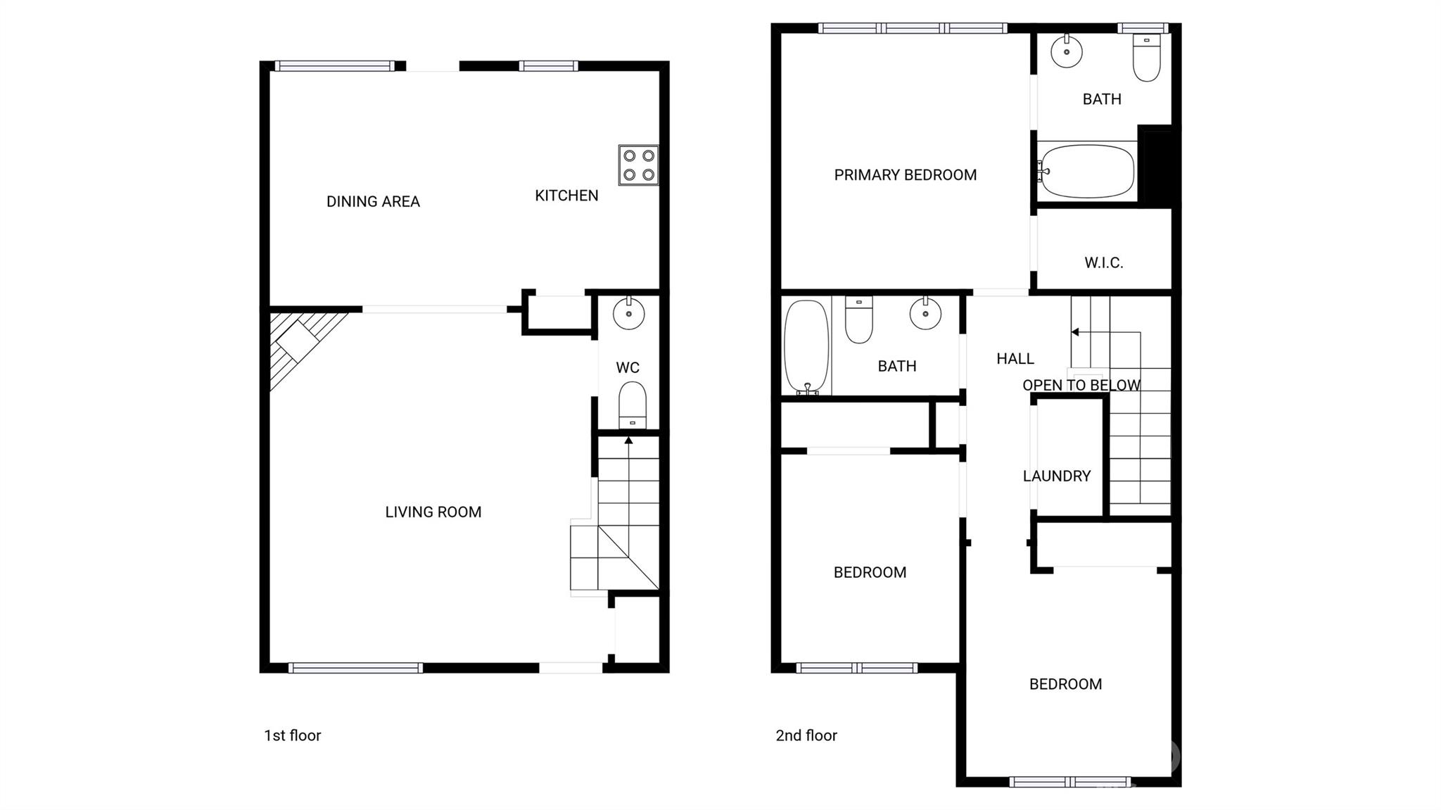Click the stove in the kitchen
click(x=638, y=165)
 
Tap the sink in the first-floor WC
click(x=628, y=313)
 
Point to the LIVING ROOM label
click(x=433, y=512)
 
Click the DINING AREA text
click(x=373, y=202)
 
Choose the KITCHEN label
click(x=566, y=196)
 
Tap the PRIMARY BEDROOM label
click(x=905, y=175)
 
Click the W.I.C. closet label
click(x=1103, y=263)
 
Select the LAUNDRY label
click(x=1056, y=476)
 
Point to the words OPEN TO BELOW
click(x=1081, y=386)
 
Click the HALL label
click(x=1015, y=359)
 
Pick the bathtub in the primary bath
click(x=1087, y=171)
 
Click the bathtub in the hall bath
click(x=806, y=346)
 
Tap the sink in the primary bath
click(x=1067, y=51)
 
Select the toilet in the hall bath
click(x=858, y=320)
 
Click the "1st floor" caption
click(x=292, y=735)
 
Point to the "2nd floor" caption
click(x=806, y=735)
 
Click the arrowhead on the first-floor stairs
click(x=628, y=441)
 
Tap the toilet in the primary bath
click(x=1146, y=58)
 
